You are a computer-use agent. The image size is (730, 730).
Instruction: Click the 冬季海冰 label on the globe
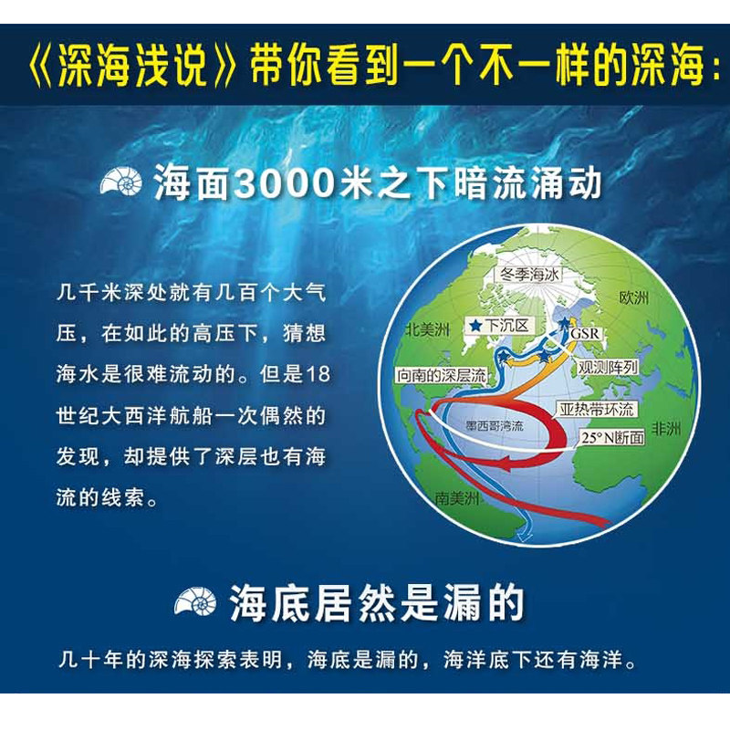click(x=528, y=275)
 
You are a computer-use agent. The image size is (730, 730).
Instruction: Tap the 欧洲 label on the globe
click(x=633, y=297)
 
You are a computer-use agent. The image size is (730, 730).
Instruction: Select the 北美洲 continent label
click(x=427, y=329)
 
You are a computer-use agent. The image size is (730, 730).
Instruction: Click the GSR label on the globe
click(x=585, y=333)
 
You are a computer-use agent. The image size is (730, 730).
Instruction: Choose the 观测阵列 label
click(x=608, y=368)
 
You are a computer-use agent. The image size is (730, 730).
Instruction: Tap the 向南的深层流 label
click(x=441, y=375)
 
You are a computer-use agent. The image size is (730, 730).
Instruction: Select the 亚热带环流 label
click(x=596, y=409)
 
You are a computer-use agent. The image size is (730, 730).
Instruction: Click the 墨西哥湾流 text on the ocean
click(x=495, y=425)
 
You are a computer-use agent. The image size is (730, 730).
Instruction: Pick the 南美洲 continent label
click(x=457, y=498)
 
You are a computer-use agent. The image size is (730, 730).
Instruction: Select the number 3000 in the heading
click(x=285, y=182)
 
